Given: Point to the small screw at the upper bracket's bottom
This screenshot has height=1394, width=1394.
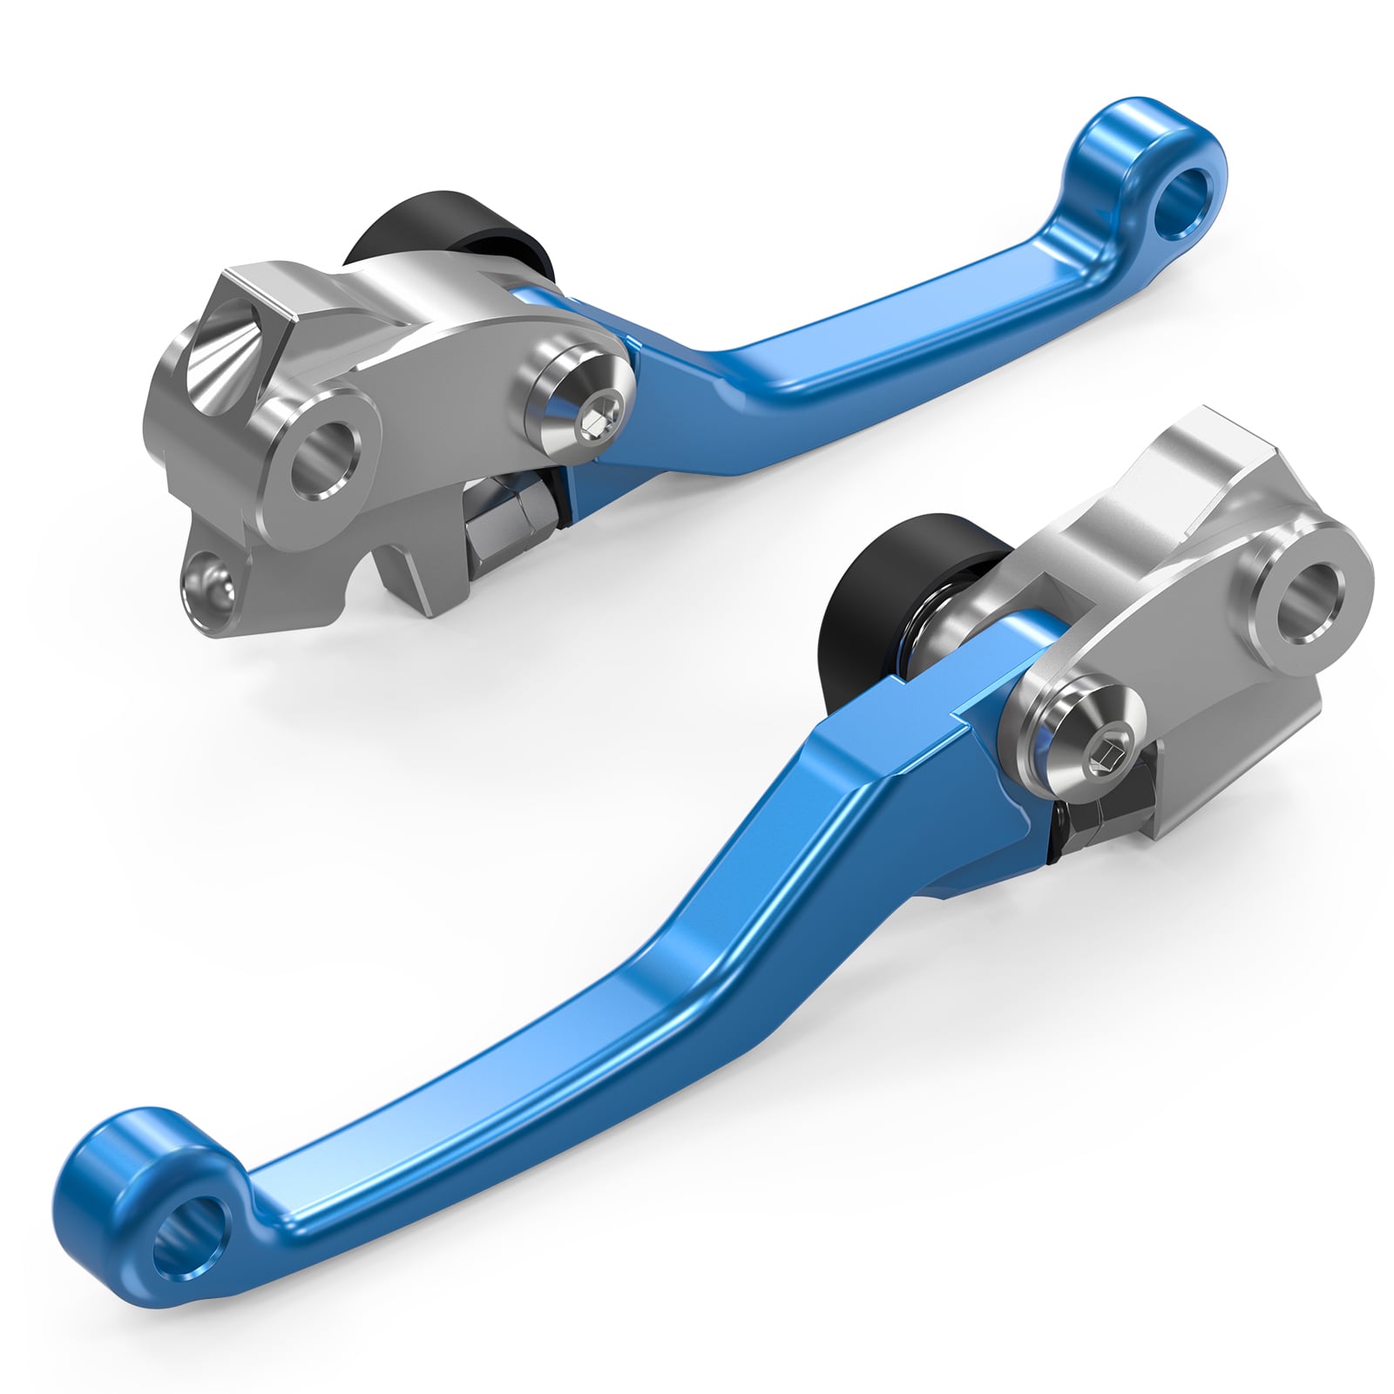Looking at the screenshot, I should click(209, 581).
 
